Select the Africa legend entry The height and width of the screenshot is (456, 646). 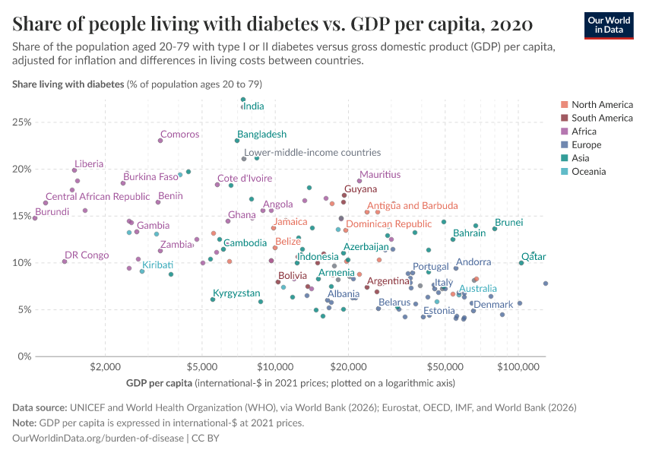click(x=586, y=131)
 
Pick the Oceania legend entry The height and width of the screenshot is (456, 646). click(x=589, y=172)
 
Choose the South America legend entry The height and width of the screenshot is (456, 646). click(x=602, y=118)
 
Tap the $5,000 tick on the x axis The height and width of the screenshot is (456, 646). click(x=201, y=366)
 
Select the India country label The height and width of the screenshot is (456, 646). click(x=253, y=106)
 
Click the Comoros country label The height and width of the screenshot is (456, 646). click(x=179, y=135)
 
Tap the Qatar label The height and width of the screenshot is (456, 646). click(x=534, y=257)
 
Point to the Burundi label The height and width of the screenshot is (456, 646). click(x=52, y=212)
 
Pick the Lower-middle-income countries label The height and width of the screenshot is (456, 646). click(x=312, y=153)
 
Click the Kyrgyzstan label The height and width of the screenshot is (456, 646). click(x=236, y=293)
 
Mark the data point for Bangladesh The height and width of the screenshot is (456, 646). click(x=237, y=141)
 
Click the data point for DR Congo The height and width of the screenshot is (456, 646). click(x=65, y=261)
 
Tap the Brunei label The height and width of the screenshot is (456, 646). click(x=508, y=223)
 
